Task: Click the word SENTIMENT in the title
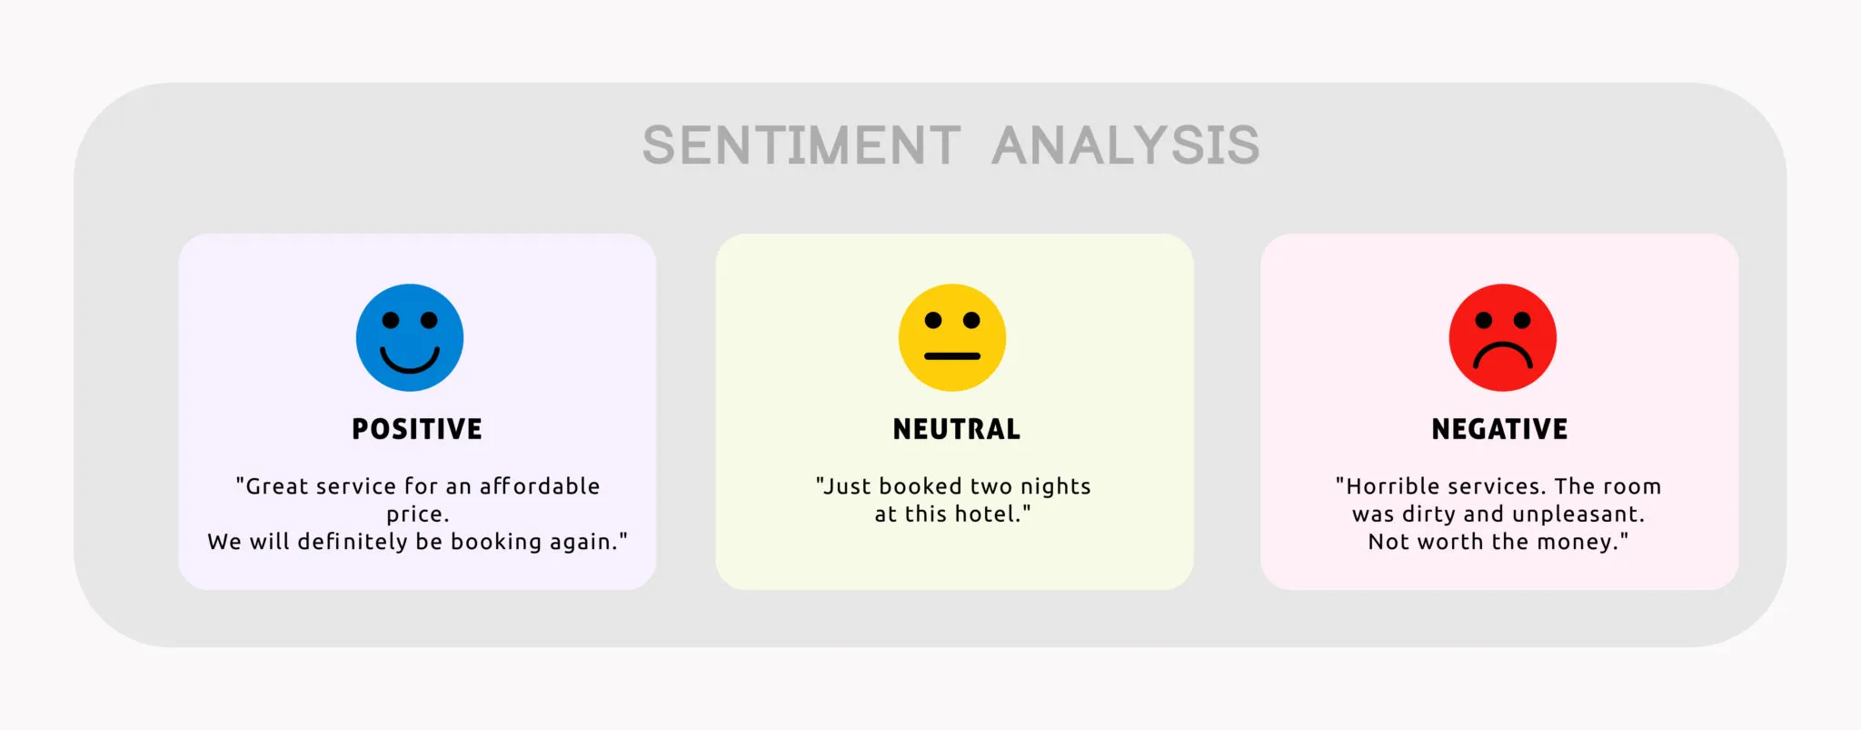[x=801, y=145]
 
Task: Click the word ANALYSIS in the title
[x=1126, y=145]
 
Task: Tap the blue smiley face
[x=410, y=337]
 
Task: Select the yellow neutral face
[x=952, y=337]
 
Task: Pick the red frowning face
[x=1503, y=337]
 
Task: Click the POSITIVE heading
[x=417, y=429]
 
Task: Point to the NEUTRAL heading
[x=957, y=429]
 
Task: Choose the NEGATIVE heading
[x=1500, y=429]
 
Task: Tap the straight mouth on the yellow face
[x=952, y=355]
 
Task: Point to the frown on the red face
[x=1503, y=345]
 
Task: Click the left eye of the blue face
[x=391, y=320]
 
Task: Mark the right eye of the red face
[x=1522, y=320]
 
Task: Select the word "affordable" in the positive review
[x=540, y=486]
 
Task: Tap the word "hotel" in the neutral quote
[x=984, y=514]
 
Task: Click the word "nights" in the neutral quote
[x=1056, y=487]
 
